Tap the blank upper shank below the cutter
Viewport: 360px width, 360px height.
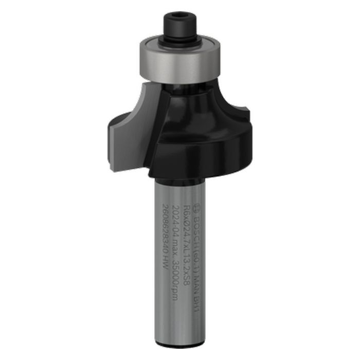170,177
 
